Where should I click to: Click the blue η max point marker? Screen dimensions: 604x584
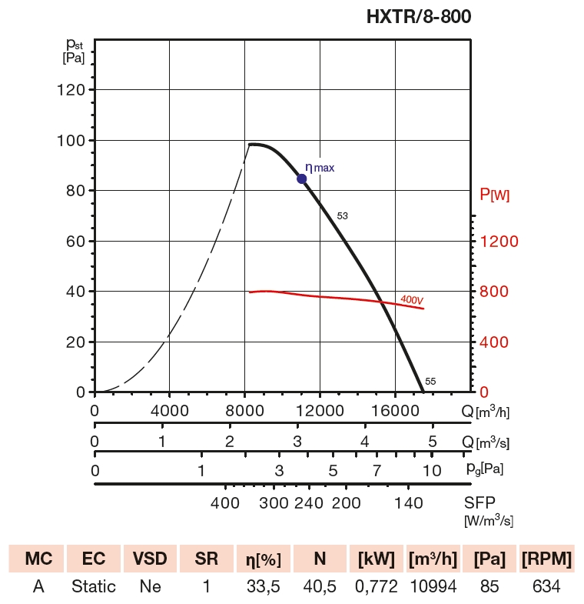302,179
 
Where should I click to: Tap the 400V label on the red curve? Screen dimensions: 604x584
413,299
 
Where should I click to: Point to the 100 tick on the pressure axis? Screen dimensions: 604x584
72,140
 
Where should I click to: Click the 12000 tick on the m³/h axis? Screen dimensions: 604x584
320,411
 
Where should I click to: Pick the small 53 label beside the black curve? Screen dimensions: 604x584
343,216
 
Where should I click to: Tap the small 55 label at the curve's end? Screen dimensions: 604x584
430,381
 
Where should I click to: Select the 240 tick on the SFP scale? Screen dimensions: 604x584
308,503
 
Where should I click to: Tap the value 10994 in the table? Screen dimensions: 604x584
433,586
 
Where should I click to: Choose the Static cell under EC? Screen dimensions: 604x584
94,586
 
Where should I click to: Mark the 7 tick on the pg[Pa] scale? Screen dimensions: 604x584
377,470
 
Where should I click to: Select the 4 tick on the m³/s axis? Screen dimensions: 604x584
365,442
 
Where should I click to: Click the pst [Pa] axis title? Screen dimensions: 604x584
73,51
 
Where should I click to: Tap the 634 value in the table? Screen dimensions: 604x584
546,586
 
